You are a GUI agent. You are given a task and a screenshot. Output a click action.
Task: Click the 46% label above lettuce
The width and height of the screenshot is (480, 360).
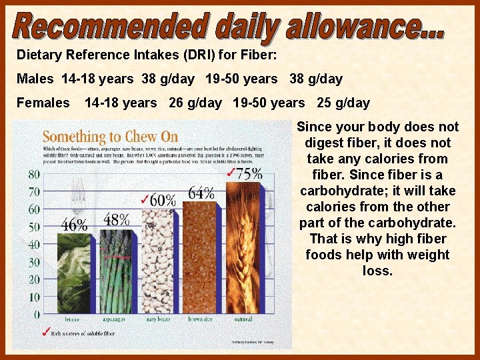75,225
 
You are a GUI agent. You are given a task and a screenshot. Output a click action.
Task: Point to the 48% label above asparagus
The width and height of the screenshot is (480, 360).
116,219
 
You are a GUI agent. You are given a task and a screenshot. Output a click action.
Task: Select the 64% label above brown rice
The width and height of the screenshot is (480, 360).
201,193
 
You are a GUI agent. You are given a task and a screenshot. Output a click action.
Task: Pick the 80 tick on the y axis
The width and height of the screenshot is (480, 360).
33,175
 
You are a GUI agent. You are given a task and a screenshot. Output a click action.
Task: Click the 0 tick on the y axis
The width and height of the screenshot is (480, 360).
36,314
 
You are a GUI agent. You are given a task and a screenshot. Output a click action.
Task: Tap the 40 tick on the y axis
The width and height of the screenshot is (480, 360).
33,244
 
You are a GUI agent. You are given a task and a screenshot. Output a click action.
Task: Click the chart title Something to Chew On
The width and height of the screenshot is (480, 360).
111,136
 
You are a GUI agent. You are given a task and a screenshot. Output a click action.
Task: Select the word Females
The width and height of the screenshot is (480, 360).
43,103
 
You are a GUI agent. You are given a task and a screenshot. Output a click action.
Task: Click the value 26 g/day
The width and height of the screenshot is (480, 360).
195,103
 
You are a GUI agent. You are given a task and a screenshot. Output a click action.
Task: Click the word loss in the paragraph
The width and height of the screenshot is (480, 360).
377,271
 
